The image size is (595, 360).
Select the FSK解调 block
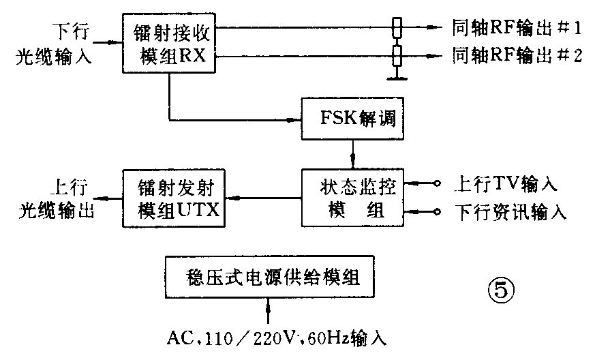pos(352,119)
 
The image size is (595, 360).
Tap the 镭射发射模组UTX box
pos(173,198)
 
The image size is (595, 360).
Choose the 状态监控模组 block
pos(352,198)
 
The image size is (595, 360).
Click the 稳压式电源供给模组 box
pos(269,278)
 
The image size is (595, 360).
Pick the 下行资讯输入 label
pos(510,211)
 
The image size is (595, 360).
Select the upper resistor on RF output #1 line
pos(397,28)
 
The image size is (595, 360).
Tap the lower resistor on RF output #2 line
pos(397,55)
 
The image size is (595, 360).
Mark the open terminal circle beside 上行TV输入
pos(436,183)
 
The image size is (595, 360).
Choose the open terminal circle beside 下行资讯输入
pos(436,211)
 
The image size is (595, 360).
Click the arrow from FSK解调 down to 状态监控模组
pos(352,156)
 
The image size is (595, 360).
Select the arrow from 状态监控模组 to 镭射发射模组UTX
pos(262,198)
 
